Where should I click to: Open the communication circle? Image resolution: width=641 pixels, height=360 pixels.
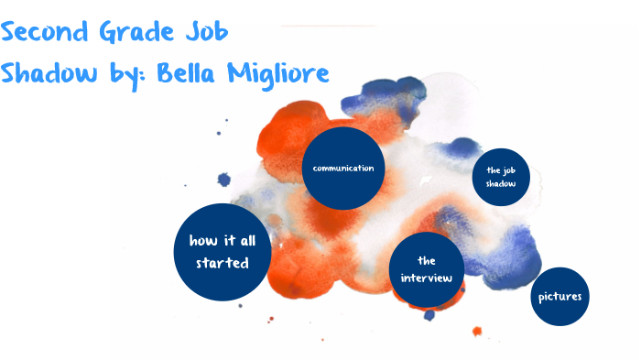(x=342, y=169)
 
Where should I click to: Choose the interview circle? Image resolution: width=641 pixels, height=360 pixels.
(x=426, y=268)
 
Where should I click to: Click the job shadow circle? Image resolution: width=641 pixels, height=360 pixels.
(x=501, y=177)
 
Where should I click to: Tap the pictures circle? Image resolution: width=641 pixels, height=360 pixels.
(x=560, y=296)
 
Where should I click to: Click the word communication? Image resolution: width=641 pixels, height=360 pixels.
(x=342, y=169)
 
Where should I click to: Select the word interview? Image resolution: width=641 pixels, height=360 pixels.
(x=426, y=277)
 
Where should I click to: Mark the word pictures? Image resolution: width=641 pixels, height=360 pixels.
(x=560, y=296)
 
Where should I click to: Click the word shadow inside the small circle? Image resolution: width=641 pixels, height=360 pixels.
(x=501, y=184)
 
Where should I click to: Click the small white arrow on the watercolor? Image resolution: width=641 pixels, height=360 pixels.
(x=426, y=183)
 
